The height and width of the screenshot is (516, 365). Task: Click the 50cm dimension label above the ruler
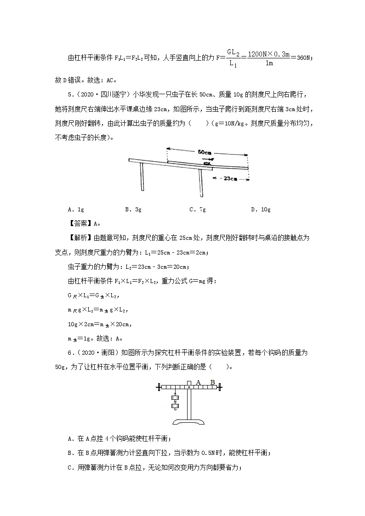coord(207,151)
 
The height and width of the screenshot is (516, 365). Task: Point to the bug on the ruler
coord(207,163)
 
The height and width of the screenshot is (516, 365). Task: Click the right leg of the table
coord(200,182)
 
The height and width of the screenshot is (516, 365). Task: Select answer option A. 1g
coord(75,210)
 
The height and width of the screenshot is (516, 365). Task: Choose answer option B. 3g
coord(133,210)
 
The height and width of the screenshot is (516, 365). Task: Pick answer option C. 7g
coord(197,210)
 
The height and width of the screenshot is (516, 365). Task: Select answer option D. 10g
coord(260,210)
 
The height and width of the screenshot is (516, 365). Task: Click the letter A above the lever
coord(199,382)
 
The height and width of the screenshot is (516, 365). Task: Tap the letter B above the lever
coord(212,382)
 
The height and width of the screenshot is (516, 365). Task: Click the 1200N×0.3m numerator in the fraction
coord(269,54)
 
